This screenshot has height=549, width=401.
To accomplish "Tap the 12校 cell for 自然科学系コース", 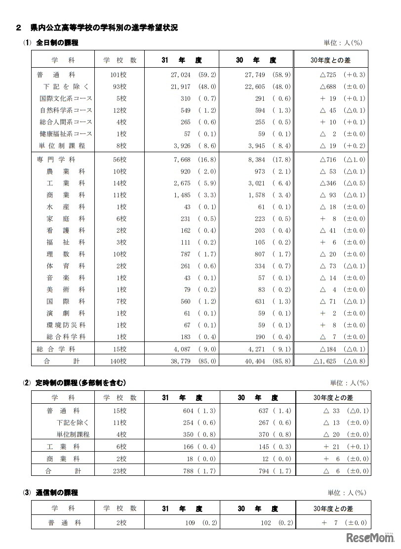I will [x=119, y=110].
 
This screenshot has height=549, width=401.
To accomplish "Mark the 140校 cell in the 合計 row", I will [x=119, y=361].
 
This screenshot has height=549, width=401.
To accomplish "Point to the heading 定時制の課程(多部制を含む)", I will [x=81, y=382].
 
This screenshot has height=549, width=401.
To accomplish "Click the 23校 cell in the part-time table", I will [x=119, y=471].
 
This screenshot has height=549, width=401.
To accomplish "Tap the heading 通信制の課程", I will [x=57, y=492].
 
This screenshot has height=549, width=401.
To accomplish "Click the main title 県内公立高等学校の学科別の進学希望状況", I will [x=104, y=28].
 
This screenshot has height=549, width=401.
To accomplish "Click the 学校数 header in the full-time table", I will [x=119, y=60].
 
